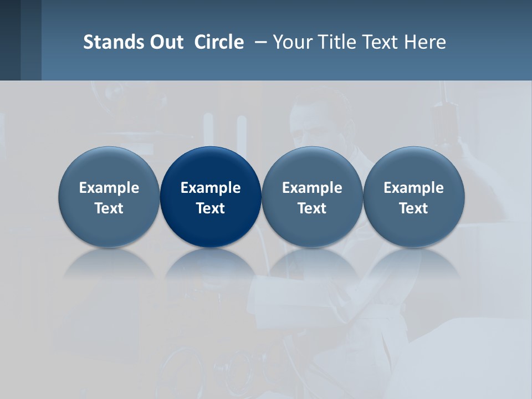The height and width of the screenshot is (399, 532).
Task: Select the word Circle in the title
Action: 219,42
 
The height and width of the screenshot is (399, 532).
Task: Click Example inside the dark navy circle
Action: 211,188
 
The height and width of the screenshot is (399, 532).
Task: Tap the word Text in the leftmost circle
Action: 109,208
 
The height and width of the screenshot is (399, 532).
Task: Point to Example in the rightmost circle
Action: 414,188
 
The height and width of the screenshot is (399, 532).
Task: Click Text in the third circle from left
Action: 312,208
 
